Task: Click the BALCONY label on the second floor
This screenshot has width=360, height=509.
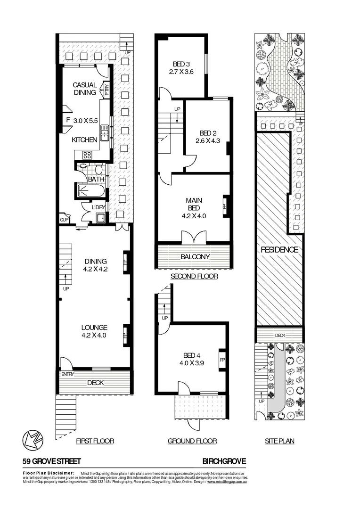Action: click(x=194, y=257)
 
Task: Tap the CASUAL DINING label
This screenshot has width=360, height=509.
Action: click(x=85, y=89)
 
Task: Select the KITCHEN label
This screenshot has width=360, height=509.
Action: click(x=84, y=140)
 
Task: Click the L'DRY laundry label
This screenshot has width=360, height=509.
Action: click(x=98, y=207)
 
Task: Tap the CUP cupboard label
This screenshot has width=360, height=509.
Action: click(x=63, y=219)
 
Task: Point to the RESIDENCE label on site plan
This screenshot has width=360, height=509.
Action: click(x=279, y=250)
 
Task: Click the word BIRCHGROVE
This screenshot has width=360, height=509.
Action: click(x=224, y=461)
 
